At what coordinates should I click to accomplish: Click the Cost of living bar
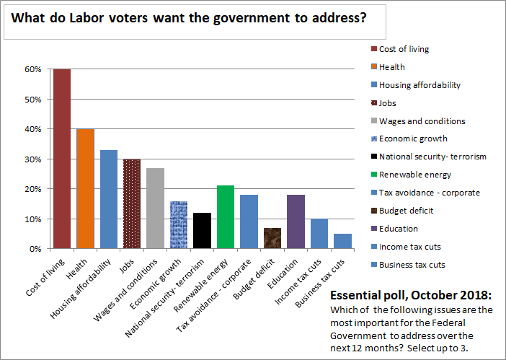(61, 159)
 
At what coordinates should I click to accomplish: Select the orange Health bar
(85, 188)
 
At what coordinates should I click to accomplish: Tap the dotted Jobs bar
(132, 203)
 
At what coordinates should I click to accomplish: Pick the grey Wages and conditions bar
(155, 208)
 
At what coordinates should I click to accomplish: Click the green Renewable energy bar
(225, 217)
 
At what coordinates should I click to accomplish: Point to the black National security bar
(202, 230)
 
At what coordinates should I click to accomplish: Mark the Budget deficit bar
(272, 238)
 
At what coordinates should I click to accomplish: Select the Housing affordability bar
(108, 199)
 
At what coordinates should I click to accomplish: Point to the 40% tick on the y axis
(33, 129)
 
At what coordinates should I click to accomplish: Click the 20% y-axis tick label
(33, 189)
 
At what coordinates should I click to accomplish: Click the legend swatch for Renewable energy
(373, 175)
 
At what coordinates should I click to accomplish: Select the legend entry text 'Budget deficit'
(407, 211)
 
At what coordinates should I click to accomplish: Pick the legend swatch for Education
(373, 229)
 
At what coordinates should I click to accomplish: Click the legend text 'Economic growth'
(413, 139)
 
